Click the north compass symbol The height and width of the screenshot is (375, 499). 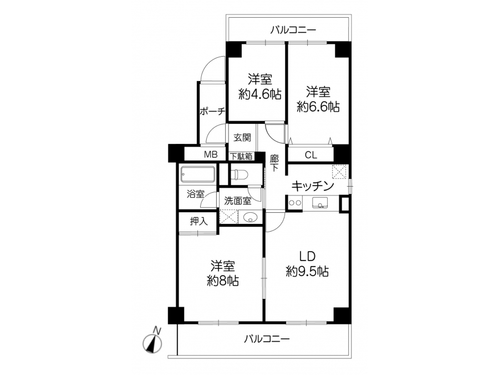[152, 342]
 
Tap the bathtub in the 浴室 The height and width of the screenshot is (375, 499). [197, 174]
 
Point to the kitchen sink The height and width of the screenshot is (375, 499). [320, 202]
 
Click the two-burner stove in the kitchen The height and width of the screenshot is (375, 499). [295, 203]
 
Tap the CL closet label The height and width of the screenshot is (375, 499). [311, 156]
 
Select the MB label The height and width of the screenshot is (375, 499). [211, 155]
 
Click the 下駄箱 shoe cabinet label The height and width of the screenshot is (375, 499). [241, 157]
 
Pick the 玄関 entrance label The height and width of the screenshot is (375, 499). [242, 137]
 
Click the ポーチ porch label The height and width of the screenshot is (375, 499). [212, 111]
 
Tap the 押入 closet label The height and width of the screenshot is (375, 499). [199, 221]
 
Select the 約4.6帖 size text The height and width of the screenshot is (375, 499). [260, 94]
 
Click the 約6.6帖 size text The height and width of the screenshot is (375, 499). [318, 107]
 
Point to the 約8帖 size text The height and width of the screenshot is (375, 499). [223, 281]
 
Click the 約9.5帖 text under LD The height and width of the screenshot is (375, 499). [307, 271]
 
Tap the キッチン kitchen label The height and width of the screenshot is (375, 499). [313, 186]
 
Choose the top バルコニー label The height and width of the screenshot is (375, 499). [293, 31]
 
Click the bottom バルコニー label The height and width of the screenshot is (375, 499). [267, 339]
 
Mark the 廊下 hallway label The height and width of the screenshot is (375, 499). [274, 163]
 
